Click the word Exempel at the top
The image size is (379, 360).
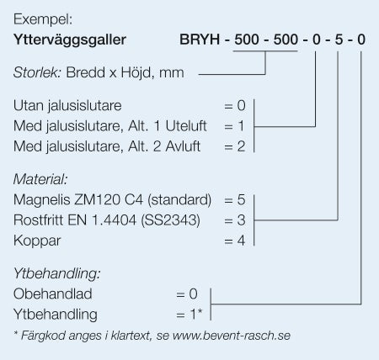coord(43,20)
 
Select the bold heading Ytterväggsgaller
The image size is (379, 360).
coord(70,40)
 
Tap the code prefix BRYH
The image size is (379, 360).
coord(200,40)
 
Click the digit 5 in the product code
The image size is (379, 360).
coord(339,40)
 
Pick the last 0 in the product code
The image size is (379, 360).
coord(361,40)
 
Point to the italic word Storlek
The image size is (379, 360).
coord(37,72)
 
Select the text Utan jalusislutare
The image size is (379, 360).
coord(67,106)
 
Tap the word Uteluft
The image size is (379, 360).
coord(186,126)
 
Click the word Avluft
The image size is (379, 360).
coord(183,146)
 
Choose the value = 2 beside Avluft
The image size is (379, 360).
coord(235,146)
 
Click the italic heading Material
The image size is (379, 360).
coord(40,179)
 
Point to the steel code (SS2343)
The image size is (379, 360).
coord(171,220)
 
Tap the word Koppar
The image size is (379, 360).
coord(37,241)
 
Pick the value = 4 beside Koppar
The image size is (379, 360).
coord(235,241)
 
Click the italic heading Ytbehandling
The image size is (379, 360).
coord(56,273)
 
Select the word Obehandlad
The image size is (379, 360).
coord(53,294)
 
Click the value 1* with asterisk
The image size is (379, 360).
coord(196,314)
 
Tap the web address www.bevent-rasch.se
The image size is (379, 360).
coord(232,336)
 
